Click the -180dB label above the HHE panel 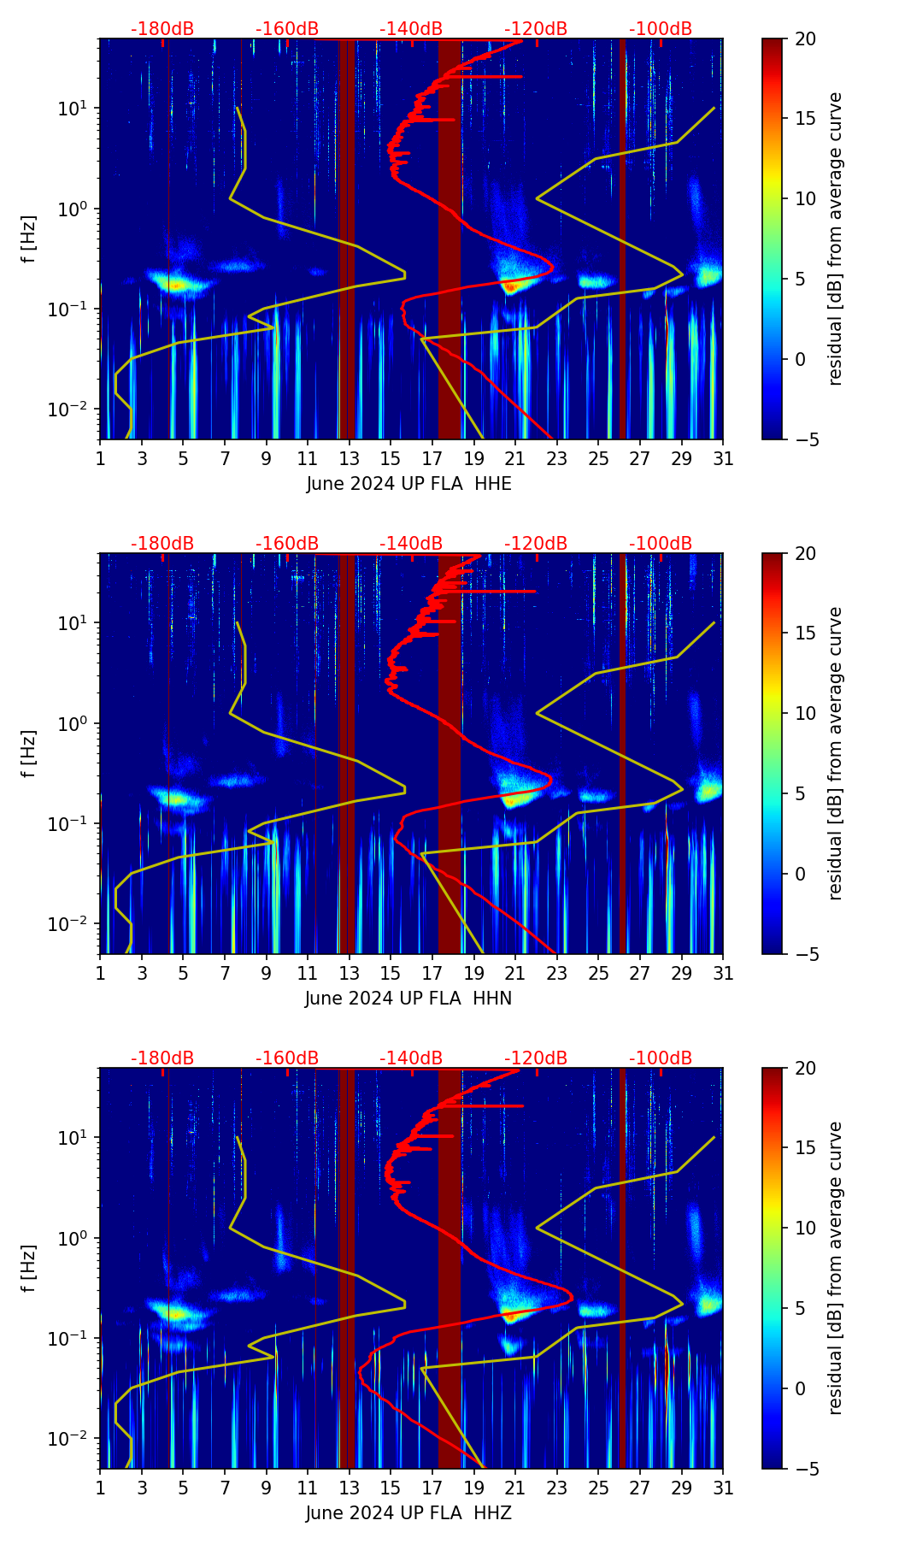pos(162,29)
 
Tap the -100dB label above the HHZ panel pos(661,1058)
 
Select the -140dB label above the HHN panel pos(411,544)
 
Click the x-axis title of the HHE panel pos(409,484)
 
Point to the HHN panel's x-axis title pos(408,999)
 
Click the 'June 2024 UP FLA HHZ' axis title pos(408,1513)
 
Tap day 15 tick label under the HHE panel pos(391,459)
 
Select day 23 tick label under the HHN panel pos(557,974)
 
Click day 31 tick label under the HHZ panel pos(723,1488)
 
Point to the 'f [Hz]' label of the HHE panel pos(29,239)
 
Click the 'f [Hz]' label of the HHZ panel pos(29,1269)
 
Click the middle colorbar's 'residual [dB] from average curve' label pos(836,753)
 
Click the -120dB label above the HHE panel pos(536,29)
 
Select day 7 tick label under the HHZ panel pos(225,1488)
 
